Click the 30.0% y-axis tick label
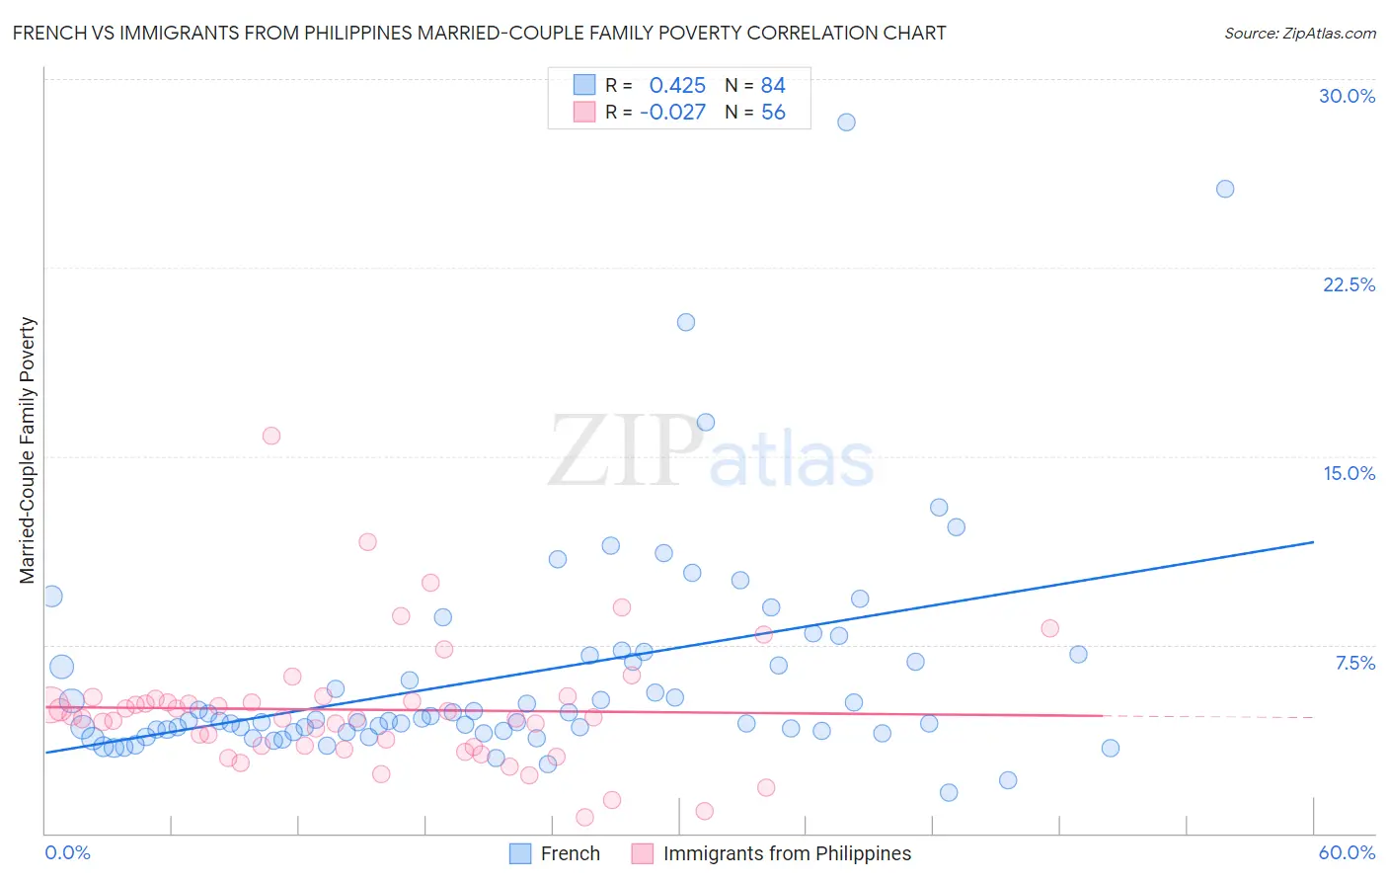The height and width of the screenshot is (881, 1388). (1347, 96)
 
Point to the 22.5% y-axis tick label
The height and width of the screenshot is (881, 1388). (1349, 284)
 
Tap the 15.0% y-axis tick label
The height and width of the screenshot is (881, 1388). (1349, 473)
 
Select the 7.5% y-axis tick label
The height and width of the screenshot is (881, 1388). (1354, 663)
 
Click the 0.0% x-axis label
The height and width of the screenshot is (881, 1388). (67, 852)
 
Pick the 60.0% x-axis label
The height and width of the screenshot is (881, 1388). (1347, 852)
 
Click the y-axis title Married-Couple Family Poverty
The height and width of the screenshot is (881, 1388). (28, 449)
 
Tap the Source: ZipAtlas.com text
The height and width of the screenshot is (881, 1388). (1299, 33)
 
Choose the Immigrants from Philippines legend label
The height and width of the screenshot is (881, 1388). (787, 853)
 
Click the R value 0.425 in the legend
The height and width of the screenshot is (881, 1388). (677, 85)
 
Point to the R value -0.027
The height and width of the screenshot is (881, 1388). (672, 112)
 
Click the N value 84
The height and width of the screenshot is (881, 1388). (773, 85)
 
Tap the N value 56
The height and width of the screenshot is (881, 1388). (773, 112)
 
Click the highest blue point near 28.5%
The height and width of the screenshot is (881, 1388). (846, 122)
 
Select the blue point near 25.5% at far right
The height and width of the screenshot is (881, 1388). (1225, 189)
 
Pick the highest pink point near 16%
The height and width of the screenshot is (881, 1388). (271, 436)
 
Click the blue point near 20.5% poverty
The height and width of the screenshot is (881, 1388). (686, 322)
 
